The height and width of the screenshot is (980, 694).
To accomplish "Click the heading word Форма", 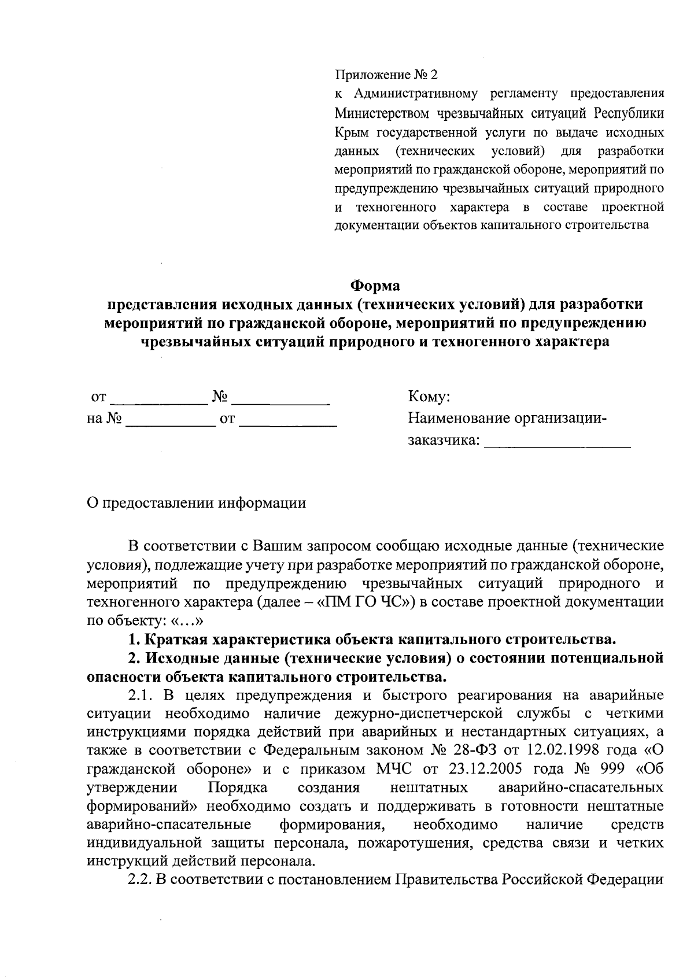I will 375,286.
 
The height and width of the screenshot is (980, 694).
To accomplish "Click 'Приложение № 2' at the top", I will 387,75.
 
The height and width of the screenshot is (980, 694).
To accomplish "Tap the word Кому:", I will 429,397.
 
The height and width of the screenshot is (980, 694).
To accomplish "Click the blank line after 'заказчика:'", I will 557,442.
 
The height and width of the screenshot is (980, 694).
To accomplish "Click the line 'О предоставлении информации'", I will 195,503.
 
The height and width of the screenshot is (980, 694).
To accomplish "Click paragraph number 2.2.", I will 139,879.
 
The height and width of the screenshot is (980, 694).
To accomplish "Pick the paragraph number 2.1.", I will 139,695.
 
